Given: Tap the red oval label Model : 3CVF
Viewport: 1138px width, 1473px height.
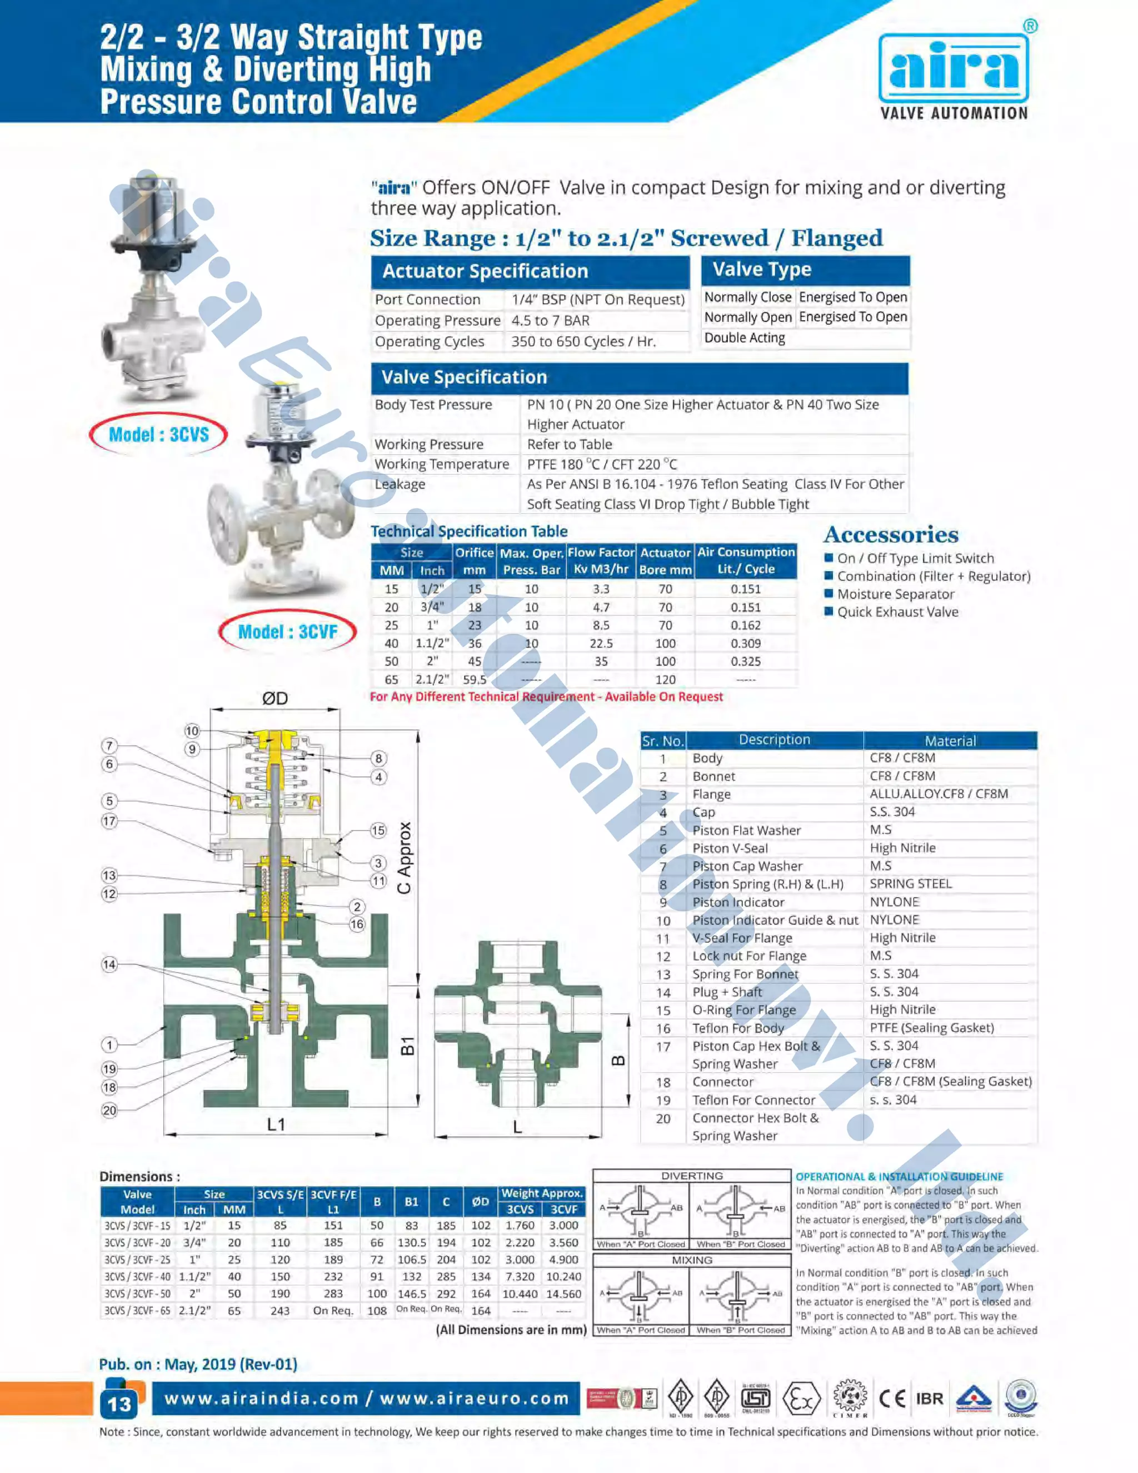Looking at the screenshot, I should [x=287, y=632].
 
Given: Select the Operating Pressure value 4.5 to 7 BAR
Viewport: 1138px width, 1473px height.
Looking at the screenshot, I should [x=550, y=320].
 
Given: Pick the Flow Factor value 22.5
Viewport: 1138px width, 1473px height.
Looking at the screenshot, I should [x=601, y=644].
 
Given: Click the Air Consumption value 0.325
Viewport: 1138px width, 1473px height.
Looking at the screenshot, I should [x=745, y=661].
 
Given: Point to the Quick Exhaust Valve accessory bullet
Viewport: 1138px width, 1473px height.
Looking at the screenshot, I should [x=897, y=612].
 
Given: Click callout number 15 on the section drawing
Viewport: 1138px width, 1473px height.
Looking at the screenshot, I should [x=378, y=830].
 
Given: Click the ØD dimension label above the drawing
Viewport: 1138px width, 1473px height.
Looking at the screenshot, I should [x=274, y=698].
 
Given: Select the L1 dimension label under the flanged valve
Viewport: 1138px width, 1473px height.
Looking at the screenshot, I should [x=276, y=1124].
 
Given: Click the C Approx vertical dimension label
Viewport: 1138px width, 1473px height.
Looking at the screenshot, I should [x=405, y=858].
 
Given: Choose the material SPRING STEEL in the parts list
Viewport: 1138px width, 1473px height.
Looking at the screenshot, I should [x=910, y=884].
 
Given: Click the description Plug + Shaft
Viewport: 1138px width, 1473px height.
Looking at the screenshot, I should [x=727, y=992].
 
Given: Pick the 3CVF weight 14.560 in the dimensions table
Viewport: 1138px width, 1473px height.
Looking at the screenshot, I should [x=563, y=1293].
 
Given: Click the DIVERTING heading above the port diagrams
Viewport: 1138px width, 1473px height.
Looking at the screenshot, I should [x=692, y=1176].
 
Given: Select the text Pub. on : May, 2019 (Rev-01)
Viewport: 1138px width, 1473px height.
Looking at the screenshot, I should [x=198, y=1363].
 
